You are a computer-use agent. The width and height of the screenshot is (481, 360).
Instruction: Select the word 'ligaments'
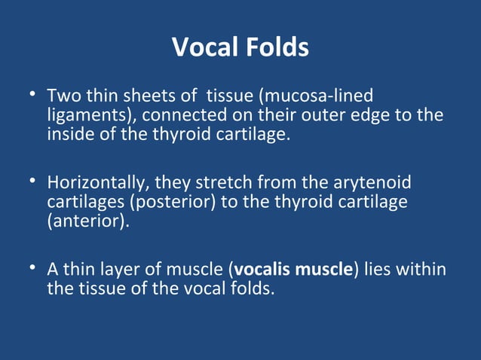click(x=89, y=117)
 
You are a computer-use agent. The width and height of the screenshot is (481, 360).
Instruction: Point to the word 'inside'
click(x=70, y=136)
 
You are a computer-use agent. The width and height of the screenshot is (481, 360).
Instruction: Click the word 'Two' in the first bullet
click(x=61, y=97)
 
